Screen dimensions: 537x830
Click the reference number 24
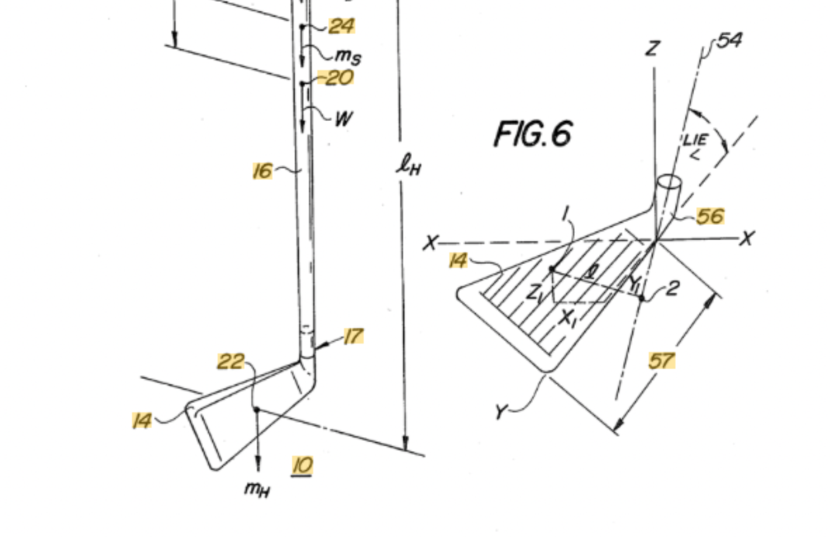[x=342, y=26]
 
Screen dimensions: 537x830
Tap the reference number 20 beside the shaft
[x=337, y=78]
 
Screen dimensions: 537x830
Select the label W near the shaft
[x=343, y=118]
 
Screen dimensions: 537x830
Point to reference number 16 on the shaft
[x=262, y=171]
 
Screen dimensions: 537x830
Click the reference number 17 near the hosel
[x=353, y=336]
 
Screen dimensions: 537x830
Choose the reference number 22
[x=231, y=362]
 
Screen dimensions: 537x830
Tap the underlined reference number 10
[x=303, y=466]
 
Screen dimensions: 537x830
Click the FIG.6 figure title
[x=533, y=134]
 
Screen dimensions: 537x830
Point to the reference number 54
[x=729, y=40]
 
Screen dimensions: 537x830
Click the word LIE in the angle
[x=695, y=140]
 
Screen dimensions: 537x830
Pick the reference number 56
[x=710, y=216]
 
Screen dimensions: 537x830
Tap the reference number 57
[x=662, y=361]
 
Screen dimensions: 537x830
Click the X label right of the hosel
[x=747, y=238]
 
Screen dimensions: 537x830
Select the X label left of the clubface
[x=430, y=243]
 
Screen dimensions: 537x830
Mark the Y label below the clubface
[x=501, y=412]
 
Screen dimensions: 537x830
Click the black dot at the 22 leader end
[x=257, y=409]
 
